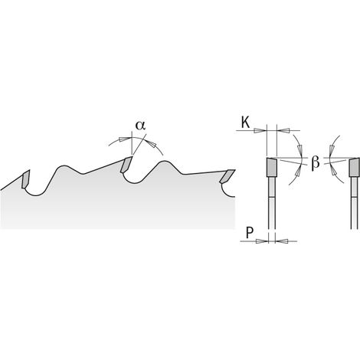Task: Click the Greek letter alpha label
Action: pos(140,126)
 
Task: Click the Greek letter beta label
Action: pos(316,162)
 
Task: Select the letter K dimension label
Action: pos(246,123)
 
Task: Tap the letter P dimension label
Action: pos(250,233)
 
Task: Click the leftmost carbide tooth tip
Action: pos(26,178)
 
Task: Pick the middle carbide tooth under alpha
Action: pos(126,165)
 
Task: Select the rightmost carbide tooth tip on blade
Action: pos(227,176)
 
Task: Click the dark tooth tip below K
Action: pos(272,167)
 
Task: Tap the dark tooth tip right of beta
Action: pos(355,167)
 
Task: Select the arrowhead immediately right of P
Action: pos(282,241)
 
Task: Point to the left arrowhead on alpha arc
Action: pos(124,139)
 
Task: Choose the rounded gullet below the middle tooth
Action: pos(135,180)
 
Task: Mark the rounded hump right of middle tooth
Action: pos(165,163)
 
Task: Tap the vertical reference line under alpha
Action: pos(132,143)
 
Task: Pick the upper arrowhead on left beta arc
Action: pos(299,149)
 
